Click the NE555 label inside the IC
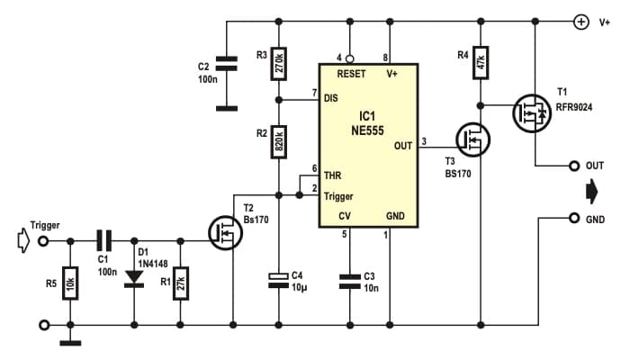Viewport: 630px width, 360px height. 366,130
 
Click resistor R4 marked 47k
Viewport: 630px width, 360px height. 481,61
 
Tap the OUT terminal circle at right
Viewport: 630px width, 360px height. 572,166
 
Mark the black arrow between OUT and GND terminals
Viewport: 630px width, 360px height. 591,192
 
